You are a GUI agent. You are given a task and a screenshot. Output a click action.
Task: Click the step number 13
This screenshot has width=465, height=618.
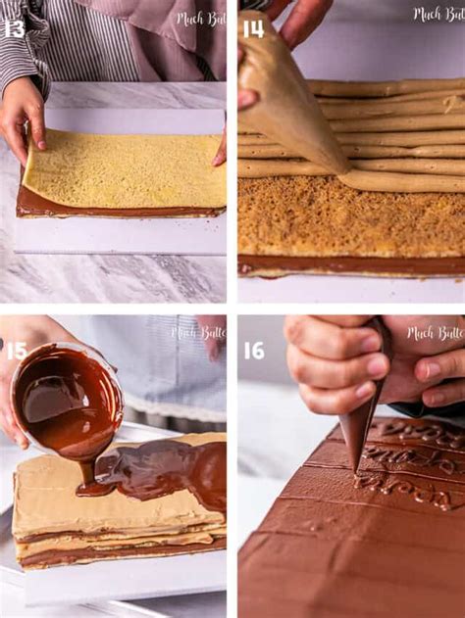click(15, 28)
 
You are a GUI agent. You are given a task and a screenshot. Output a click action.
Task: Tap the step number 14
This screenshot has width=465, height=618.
click(253, 28)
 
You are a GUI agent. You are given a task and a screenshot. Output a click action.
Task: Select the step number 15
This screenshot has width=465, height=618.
click(17, 351)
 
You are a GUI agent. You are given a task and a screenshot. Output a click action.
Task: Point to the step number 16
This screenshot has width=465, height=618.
click(254, 351)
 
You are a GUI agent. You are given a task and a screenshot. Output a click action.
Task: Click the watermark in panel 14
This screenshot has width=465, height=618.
click(438, 15)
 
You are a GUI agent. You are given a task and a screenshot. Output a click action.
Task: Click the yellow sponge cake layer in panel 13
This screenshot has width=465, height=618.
click(123, 168)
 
